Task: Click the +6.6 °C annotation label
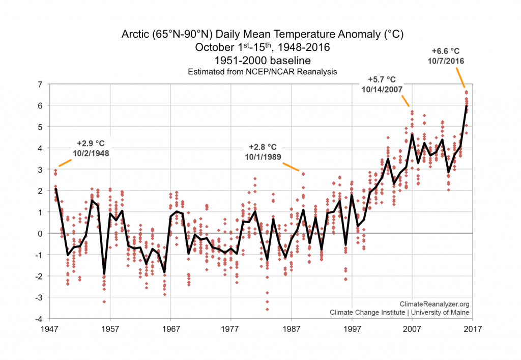coord(446,51)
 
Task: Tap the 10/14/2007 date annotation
coord(385,89)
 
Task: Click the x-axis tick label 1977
coord(231,328)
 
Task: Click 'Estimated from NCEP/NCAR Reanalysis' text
coord(263,72)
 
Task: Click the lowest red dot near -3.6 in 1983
coord(267,309)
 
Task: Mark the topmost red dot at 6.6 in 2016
coord(466,92)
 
